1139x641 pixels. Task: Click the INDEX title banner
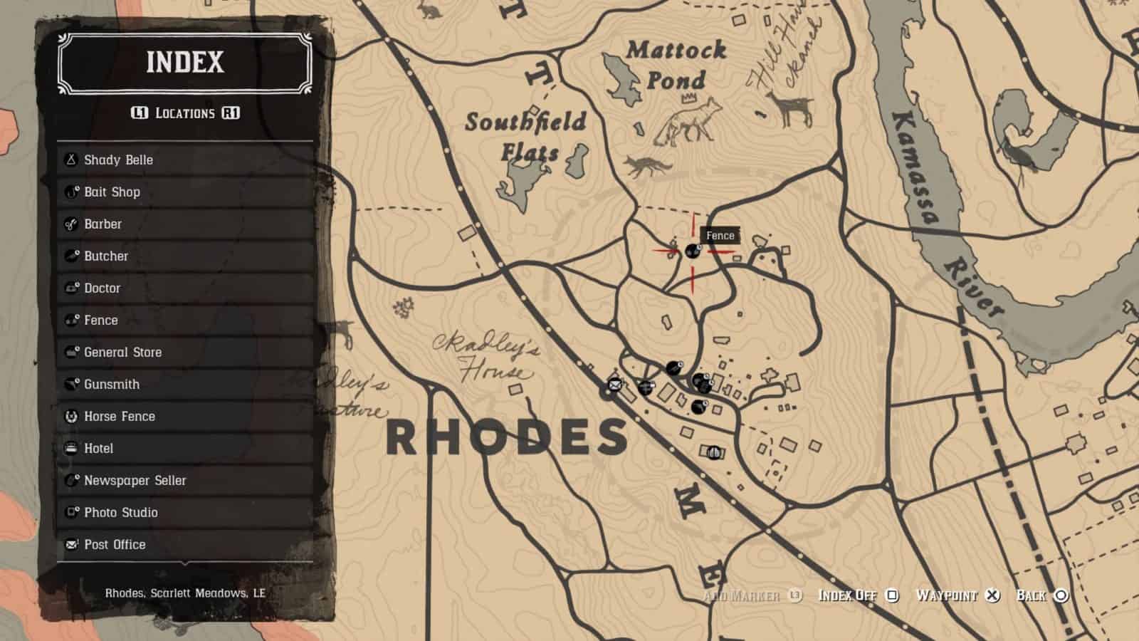tap(185, 63)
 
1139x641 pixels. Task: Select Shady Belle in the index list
tap(185, 160)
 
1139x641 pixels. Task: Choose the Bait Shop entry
tap(185, 192)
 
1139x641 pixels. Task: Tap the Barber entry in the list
tap(185, 224)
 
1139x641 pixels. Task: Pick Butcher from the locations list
tap(185, 256)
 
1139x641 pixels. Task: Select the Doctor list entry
tap(185, 288)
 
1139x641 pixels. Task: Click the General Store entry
tap(185, 352)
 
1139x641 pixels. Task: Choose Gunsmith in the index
tap(185, 384)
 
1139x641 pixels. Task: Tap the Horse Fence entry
tap(185, 416)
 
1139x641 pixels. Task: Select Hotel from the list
tap(185, 448)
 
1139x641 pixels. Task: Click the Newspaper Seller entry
tap(185, 480)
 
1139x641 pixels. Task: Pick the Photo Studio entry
tap(185, 512)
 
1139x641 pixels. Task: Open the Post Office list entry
tap(185, 544)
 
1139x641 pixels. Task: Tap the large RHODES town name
tap(507, 437)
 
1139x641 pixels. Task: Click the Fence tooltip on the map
tap(720, 236)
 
